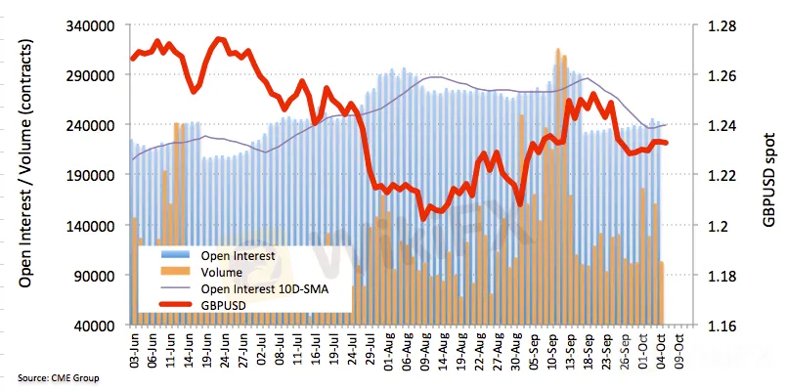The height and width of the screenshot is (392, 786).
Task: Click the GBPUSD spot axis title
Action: pyautogui.click(x=769, y=175)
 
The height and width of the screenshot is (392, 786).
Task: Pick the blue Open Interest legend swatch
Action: pyautogui.click(x=178, y=256)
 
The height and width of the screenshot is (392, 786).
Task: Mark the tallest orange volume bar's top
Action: pyautogui.click(x=557, y=50)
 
